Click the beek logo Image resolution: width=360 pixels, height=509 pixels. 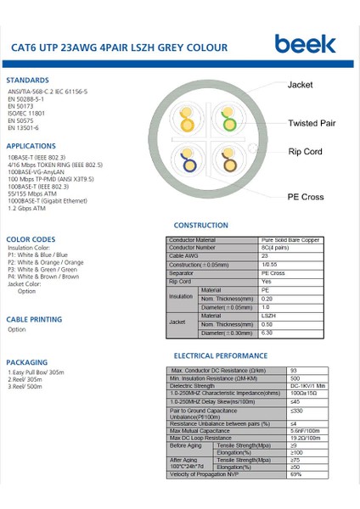(x=305, y=43)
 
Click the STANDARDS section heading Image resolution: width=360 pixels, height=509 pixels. (x=27, y=80)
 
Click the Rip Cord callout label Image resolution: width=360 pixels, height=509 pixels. (x=306, y=152)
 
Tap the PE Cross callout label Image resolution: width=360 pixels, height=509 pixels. (x=306, y=197)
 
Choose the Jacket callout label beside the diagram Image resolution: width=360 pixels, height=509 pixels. (x=301, y=86)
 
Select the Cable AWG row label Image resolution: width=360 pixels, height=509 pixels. (x=185, y=255)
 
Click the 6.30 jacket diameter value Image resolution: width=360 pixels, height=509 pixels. (x=267, y=333)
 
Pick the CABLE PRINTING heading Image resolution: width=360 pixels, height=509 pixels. (x=34, y=319)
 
